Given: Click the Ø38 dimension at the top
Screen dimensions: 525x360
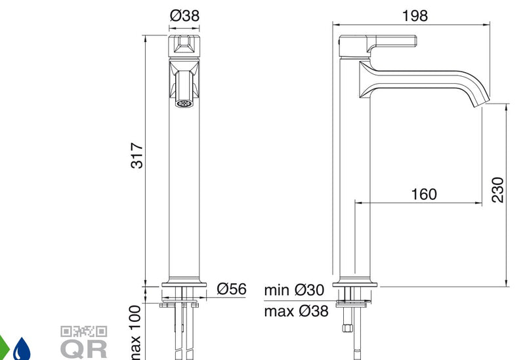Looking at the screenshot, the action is (184, 15).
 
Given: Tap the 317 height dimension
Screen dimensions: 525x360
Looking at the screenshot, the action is (137, 155).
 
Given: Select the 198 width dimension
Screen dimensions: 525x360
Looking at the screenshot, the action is (415, 16).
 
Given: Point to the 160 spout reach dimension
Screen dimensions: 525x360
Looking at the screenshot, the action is (424, 194).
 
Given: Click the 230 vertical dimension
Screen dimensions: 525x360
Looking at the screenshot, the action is (498, 190).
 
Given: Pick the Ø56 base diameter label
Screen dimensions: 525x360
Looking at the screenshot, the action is (232, 289).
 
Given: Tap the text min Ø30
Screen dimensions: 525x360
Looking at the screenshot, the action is (294, 290).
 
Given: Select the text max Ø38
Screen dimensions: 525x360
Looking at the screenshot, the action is (296, 311).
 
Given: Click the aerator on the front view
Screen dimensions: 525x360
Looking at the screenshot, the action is (184, 104).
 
